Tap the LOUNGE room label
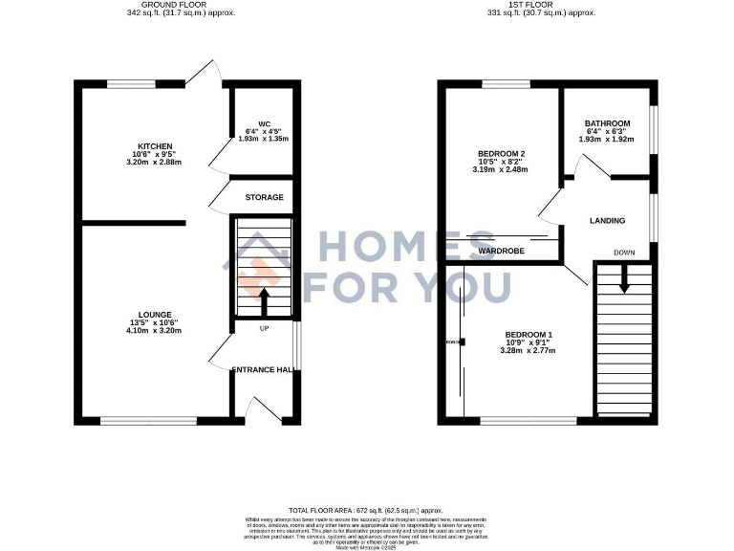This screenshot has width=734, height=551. pyautogui.click(x=154, y=314)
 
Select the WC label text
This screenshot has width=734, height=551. pyautogui.click(x=252, y=122)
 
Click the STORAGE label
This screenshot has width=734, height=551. pyautogui.click(x=264, y=197)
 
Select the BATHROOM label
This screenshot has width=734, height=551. pyautogui.click(x=607, y=123)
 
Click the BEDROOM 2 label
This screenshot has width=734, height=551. pyautogui.click(x=502, y=153)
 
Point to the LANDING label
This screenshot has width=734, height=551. pyautogui.click(x=607, y=221)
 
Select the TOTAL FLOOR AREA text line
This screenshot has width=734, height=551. pyautogui.click(x=366, y=512)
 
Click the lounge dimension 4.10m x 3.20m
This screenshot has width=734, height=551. pyautogui.click(x=154, y=331)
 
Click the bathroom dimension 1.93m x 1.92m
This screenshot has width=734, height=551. pyautogui.click(x=607, y=140)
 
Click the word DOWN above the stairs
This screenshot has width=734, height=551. pyautogui.click(x=624, y=253)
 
